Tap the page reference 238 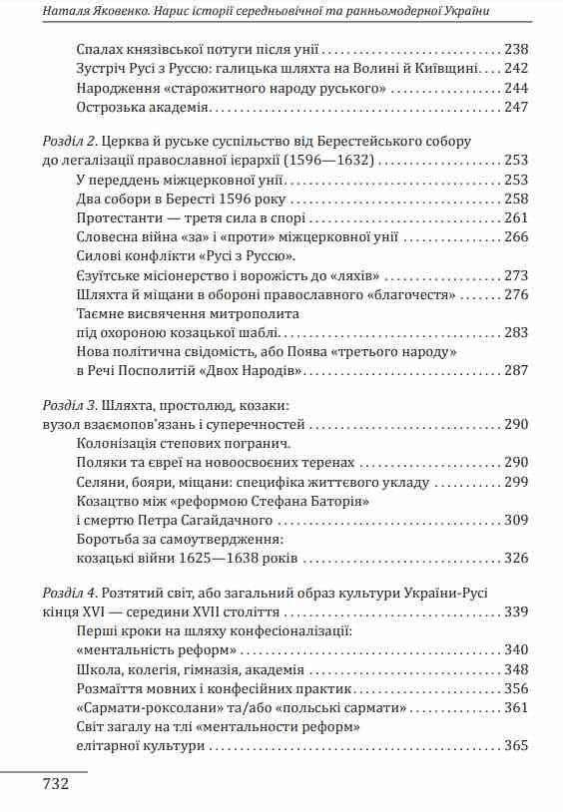point(516,49)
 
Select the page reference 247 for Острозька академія point(516,107)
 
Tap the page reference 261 point(516,217)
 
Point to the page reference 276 point(516,294)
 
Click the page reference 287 point(516,371)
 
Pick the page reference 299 point(516,482)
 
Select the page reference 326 point(516,559)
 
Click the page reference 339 point(516,610)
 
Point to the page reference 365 point(516,745)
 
